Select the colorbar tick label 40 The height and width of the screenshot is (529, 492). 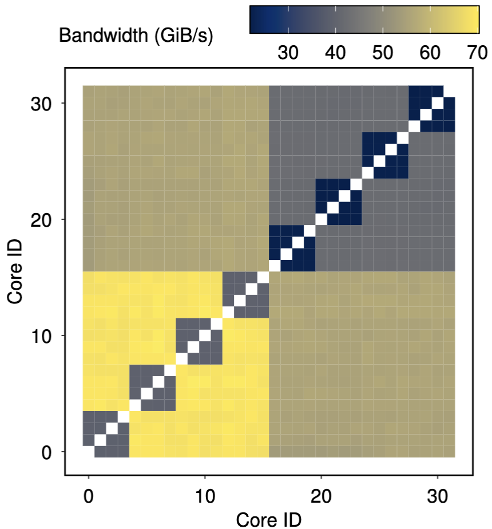point(336,53)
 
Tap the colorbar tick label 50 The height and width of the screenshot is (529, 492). point(383,53)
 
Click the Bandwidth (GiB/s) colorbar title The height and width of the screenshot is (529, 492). point(136,35)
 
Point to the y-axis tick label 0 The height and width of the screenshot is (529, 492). point(47,452)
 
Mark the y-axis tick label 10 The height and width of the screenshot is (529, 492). point(41,335)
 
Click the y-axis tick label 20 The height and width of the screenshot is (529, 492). point(41,219)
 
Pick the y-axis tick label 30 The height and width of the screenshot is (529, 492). point(41,103)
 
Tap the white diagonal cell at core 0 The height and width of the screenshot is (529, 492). point(89,452)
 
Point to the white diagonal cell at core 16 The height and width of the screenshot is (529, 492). point(275,266)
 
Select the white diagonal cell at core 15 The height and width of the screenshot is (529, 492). point(263,277)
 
